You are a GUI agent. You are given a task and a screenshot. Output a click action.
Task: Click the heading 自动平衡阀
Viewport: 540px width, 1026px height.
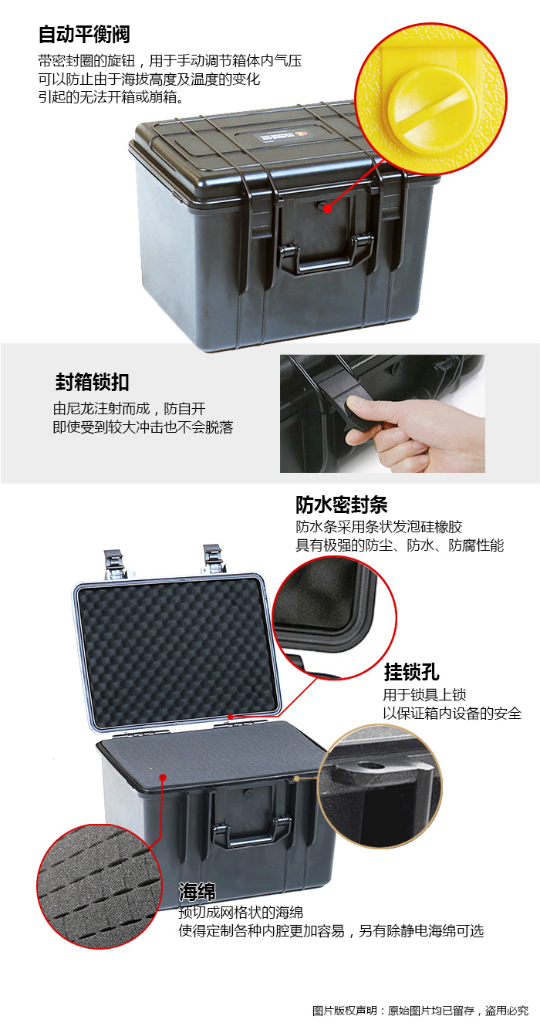point(84,34)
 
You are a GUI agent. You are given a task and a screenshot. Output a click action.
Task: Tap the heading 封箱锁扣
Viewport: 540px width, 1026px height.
point(92,382)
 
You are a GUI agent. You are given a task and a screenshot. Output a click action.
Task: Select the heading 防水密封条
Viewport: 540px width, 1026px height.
point(341,505)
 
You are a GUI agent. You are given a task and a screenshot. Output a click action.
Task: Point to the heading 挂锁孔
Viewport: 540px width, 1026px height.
point(411,672)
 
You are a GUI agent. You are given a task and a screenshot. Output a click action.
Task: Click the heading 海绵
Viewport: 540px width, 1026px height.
point(197,891)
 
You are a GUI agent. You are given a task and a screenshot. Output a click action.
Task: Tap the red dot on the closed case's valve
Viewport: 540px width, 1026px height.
point(327,208)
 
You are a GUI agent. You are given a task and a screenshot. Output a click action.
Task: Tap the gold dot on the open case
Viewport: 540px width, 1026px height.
point(297,778)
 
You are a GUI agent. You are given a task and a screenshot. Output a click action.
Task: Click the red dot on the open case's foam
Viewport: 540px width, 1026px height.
point(163,777)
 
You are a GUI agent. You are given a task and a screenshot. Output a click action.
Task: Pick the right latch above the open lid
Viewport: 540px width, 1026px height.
point(214,559)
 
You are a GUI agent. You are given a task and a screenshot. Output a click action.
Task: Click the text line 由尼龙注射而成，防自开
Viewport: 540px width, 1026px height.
point(129,408)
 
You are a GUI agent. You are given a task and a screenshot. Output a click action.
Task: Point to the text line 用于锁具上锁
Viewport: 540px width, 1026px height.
point(424,695)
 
